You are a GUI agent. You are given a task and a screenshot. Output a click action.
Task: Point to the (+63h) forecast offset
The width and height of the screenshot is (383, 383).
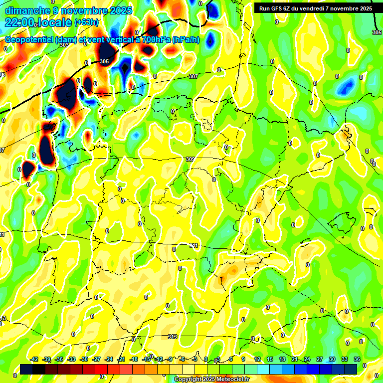click(86, 22)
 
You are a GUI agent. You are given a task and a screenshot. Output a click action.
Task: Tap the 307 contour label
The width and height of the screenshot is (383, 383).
click(193, 76)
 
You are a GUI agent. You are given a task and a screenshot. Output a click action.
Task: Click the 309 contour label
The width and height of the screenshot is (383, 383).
click(190, 159)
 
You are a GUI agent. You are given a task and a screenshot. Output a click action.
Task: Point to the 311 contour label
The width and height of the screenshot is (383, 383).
click(194, 245)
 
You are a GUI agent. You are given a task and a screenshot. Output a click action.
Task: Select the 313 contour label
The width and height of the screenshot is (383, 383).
click(173, 337)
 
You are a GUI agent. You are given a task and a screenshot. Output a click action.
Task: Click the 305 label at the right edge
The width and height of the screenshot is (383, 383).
click(377, 32)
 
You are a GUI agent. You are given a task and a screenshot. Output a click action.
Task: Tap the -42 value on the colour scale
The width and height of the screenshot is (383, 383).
click(34, 359)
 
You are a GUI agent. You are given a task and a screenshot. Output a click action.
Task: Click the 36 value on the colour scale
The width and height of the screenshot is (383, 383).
click(357, 359)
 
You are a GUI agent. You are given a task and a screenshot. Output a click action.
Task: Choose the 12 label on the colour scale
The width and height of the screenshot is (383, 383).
click(257, 359)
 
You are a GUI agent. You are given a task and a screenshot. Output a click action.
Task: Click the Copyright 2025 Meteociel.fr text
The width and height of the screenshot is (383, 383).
click(211, 379)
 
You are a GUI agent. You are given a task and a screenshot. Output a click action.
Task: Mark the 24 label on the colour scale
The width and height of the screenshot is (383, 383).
click(307, 359)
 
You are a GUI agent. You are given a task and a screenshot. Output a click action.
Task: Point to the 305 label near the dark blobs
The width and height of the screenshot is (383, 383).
click(104, 61)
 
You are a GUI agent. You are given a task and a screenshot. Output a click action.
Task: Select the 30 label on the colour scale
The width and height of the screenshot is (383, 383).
click(332, 359)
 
